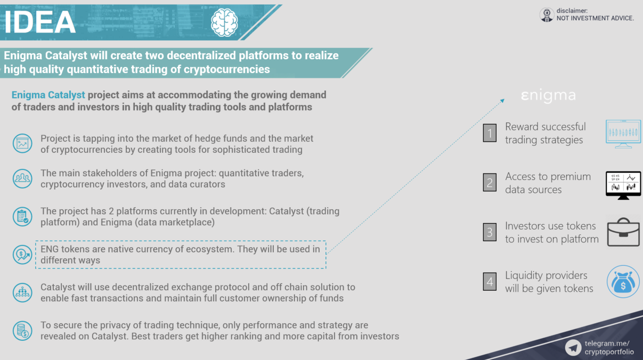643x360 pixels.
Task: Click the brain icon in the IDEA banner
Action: coord(224,22)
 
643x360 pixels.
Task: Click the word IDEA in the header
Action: coord(40,22)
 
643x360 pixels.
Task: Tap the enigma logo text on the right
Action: coord(548,95)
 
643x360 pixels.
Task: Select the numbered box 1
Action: coord(490,133)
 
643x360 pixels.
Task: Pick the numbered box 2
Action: coord(490,183)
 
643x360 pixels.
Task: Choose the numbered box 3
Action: coord(490,232)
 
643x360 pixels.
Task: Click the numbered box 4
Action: coord(490,281)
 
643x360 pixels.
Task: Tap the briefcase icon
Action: coord(623,232)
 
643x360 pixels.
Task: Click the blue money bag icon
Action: coord(623,282)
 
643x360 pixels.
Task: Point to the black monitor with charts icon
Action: coord(623,185)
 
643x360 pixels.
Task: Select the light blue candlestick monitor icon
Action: coord(623,134)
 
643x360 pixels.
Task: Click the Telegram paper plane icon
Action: coord(573,348)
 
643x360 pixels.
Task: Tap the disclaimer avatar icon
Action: coord(547,14)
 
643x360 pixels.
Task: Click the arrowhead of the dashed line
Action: coord(502,101)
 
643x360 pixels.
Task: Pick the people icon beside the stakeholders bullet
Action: coord(22,178)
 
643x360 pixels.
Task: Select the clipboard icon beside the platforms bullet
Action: coord(22,217)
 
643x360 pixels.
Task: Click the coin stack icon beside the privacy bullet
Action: coord(22,331)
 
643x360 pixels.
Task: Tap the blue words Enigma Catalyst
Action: coord(48,95)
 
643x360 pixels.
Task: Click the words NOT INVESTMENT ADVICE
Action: coord(595,18)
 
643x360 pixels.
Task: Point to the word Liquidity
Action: coord(524,276)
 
